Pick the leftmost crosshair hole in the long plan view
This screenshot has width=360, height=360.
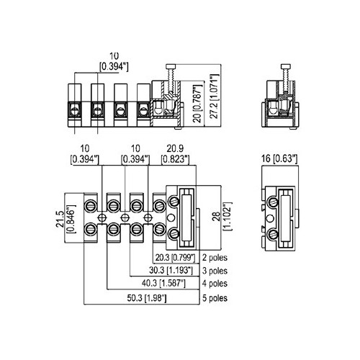102,217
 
